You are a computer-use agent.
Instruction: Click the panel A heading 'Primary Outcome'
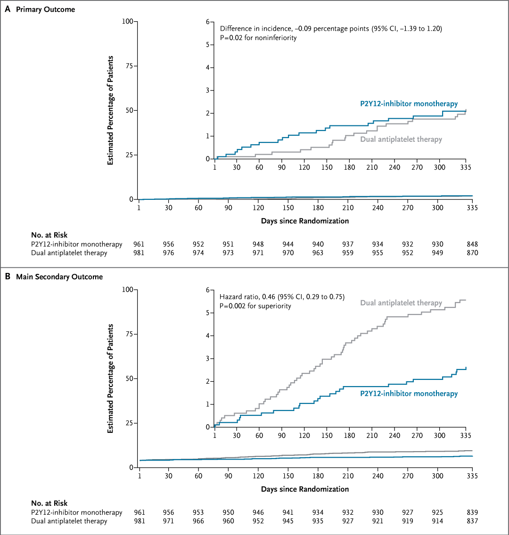click(x=45, y=9)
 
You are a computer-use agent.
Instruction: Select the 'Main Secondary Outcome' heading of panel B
click(x=59, y=277)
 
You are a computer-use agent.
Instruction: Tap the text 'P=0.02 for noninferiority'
click(x=258, y=38)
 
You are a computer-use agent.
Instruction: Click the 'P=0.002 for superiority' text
click(x=255, y=306)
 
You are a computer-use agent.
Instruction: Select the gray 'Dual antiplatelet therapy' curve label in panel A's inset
click(x=401, y=139)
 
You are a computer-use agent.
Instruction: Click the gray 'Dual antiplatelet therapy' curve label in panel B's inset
click(x=401, y=303)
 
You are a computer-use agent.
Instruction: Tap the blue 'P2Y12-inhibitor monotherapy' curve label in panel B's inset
click(x=409, y=394)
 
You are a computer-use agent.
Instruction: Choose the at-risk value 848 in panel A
click(x=472, y=244)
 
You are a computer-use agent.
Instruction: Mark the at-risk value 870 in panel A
click(x=472, y=253)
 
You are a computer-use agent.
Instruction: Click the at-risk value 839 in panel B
click(x=472, y=512)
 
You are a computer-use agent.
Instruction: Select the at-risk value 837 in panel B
click(x=472, y=521)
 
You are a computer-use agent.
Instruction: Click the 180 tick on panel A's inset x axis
click(x=349, y=167)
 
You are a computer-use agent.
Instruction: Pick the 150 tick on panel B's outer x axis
click(x=288, y=476)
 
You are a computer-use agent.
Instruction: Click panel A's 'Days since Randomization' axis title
click(x=305, y=221)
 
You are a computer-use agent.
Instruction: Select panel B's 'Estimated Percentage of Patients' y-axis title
click(x=111, y=379)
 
